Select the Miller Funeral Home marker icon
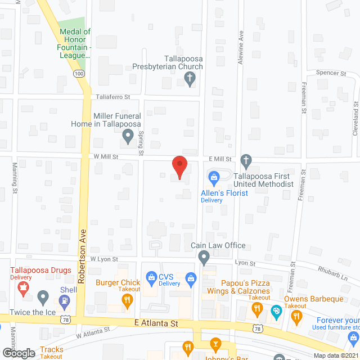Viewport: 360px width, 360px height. [128, 135]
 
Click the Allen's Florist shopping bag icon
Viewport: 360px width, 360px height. [214, 179]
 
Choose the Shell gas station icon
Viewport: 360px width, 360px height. [65, 300]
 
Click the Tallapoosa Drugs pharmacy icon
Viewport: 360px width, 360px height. [23, 289]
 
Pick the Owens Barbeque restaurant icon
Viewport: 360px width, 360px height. [296, 318]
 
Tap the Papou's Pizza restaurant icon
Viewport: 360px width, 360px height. [257, 308]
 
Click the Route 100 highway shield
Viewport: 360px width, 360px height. [79, 74]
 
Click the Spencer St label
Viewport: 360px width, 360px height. [331, 74]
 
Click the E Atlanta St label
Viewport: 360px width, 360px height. [156, 323]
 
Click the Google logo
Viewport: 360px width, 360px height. [18, 353]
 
